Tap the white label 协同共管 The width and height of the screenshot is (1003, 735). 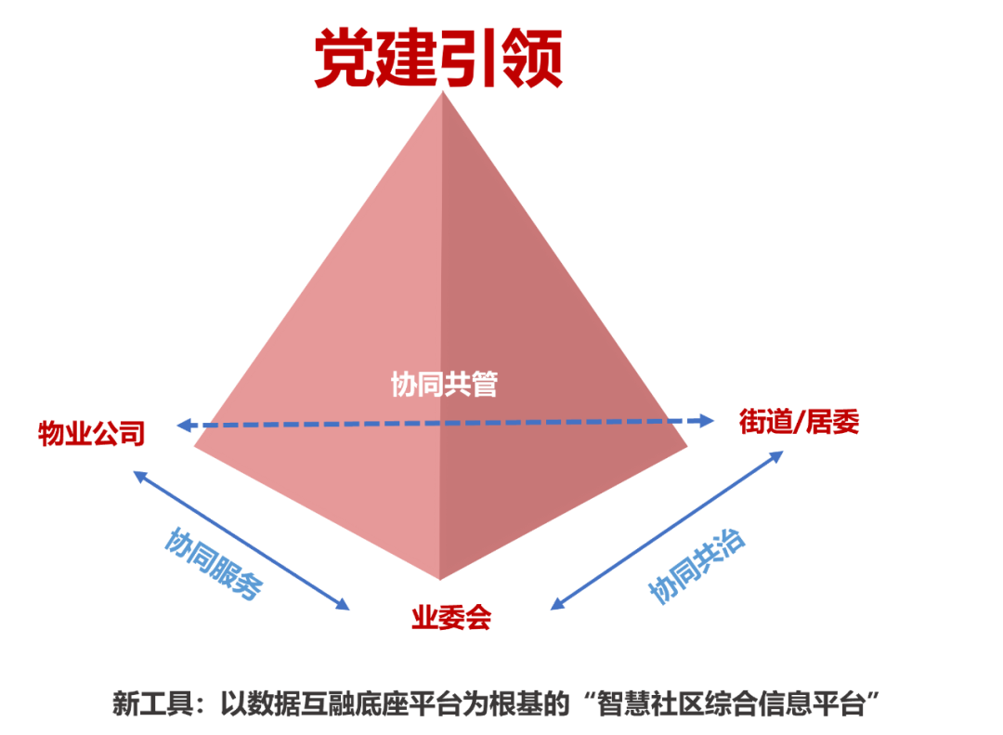(444, 384)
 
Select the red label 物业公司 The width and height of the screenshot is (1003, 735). (91, 433)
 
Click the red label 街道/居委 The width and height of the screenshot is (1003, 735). (799, 421)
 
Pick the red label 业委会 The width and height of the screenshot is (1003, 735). (450, 618)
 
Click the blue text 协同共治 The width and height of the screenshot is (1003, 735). (697, 567)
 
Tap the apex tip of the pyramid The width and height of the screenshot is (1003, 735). (443, 95)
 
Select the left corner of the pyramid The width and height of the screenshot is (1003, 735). (197, 446)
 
